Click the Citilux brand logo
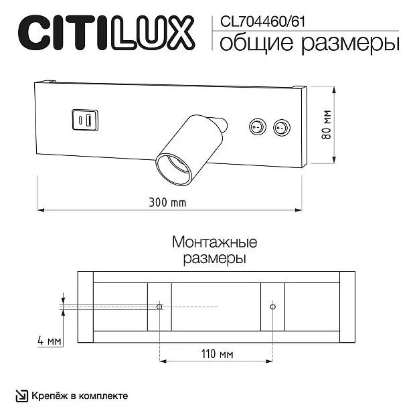[106, 33]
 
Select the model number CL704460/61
[262, 21]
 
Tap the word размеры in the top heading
[350, 44]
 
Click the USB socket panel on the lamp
[85, 120]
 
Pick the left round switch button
[258, 127]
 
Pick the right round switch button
[282, 128]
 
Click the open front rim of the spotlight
[173, 169]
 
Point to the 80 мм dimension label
[327, 124]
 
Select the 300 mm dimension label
[167, 203]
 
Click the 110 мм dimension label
[218, 354]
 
